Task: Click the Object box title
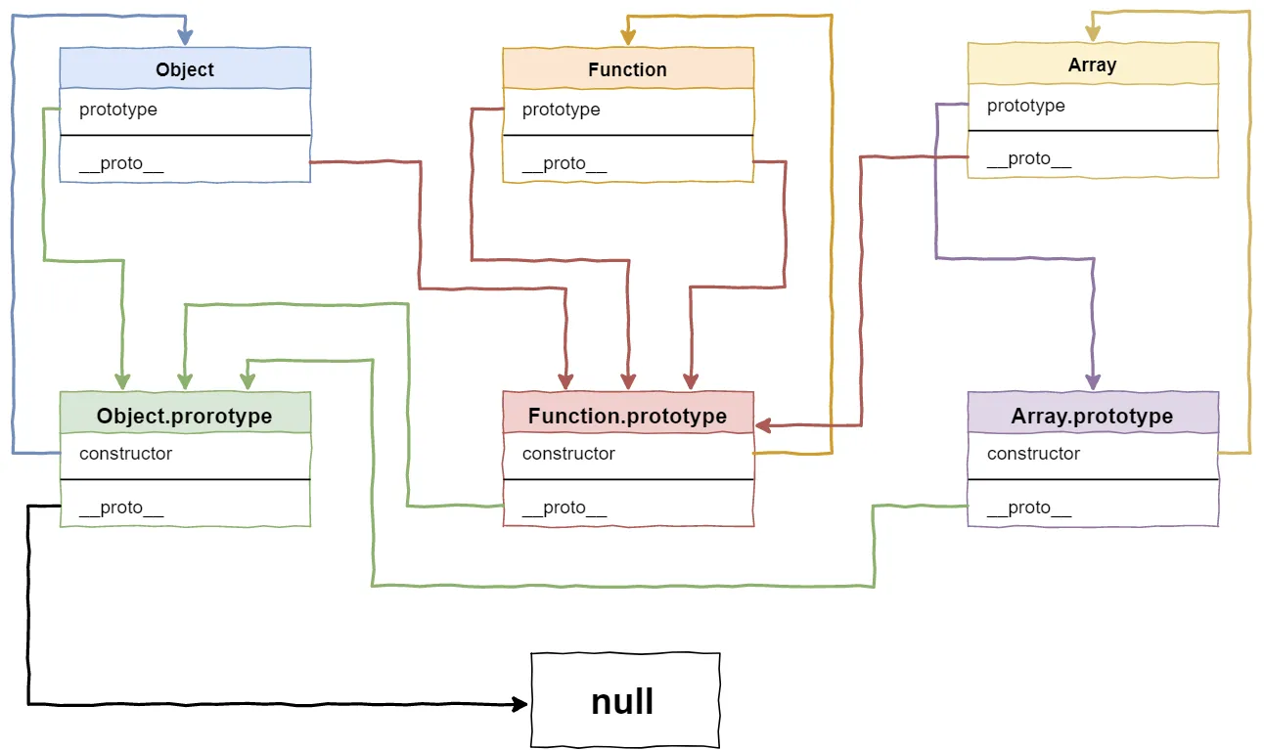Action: tap(185, 69)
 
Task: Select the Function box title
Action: tap(627, 69)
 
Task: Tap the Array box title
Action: tap(1092, 65)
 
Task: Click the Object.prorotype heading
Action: tap(185, 416)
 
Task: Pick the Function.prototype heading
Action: tap(627, 416)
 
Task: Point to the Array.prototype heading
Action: tap(1092, 416)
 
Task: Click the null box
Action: tap(624, 701)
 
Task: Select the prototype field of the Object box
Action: tap(118, 110)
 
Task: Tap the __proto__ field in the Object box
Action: tap(121, 163)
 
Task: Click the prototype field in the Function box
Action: tap(562, 110)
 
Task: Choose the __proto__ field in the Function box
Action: tap(564, 163)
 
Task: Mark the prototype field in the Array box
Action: tap(1026, 106)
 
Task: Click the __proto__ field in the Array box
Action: tap(1029, 158)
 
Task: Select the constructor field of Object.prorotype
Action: tap(125, 454)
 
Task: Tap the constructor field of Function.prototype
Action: tap(568, 454)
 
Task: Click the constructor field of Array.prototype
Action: tap(1033, 454)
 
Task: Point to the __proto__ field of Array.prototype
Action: tap(1029, 507)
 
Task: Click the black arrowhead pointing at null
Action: tap(521, 703)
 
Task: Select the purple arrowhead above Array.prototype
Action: tap(1093, 382)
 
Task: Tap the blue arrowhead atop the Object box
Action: tap(185, 38)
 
